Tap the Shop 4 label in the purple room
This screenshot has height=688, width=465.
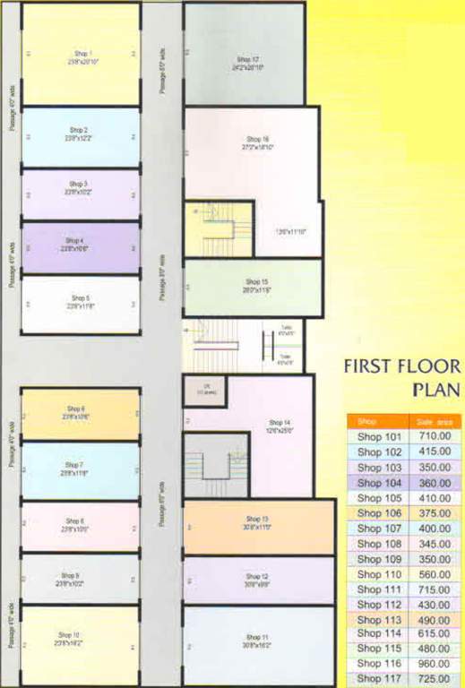(x=74, y=240)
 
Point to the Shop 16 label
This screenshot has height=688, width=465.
(x=257, y=139)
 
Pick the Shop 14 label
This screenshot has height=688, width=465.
(x=280, y=422)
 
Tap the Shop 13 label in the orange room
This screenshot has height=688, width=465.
(x=256, y=519)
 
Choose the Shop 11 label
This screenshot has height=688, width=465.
(x=256, y=638)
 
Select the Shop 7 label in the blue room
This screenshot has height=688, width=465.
(x=74, y=466)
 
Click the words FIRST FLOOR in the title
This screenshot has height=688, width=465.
(x=402, y=366)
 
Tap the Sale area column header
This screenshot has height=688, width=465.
(x=434, y=421)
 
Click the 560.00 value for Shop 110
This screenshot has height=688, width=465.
(x=434, y=573)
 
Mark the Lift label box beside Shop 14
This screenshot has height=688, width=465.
(x=204, y=390)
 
